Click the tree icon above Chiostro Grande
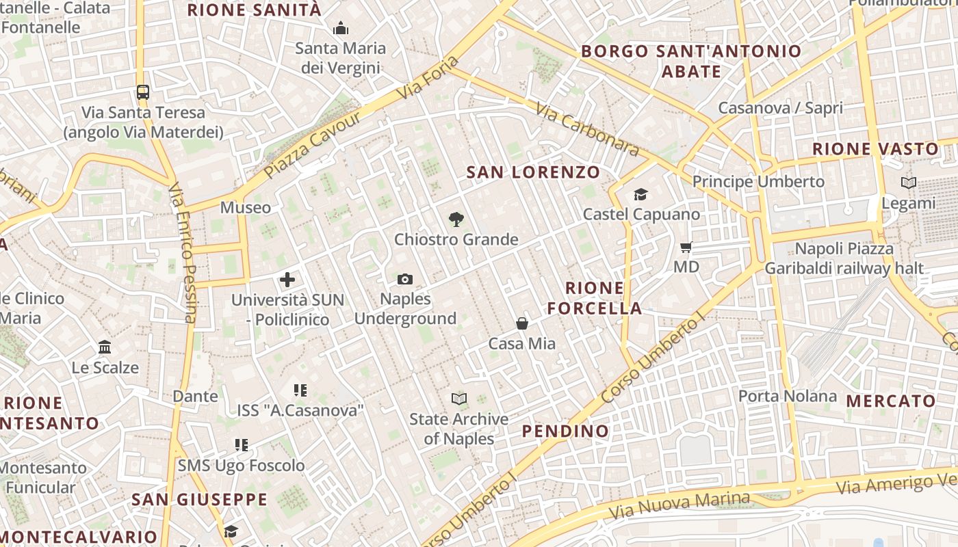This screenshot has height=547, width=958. [456, 219]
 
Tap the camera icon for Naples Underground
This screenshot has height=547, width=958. [405, 279]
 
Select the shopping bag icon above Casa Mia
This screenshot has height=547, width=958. [522, 323]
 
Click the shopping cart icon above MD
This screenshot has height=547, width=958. [686, 247]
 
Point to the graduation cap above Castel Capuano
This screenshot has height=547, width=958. [640, 194]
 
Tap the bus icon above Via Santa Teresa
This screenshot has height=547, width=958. [142, 92]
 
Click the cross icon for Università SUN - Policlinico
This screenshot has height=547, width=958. [287, 279]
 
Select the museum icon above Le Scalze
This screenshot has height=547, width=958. [105, 347]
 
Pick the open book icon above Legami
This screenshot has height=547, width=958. [909, 183]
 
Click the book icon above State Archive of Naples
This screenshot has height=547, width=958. [458, 399]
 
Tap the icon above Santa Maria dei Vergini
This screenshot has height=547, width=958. [340, 28]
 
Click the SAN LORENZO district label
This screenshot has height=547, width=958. [533, 172]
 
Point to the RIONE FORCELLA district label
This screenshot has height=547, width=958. [595, 298]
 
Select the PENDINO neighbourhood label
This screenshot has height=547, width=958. [565, 431]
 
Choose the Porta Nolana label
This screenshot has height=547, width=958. [787, 396]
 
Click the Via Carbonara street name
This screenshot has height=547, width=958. [588, 130]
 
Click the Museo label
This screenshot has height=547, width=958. [245, 207]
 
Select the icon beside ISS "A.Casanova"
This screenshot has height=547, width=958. [300, 390]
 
